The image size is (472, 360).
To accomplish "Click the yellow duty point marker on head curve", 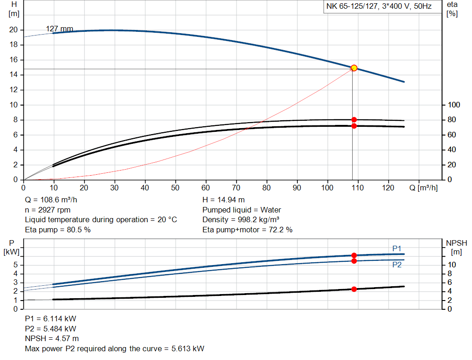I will tap(354, 68).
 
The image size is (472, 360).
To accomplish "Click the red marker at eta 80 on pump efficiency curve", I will tap(354, 120).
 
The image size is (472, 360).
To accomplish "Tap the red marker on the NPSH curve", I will tap(354, 289).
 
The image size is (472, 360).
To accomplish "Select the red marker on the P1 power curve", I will tap(354, 255).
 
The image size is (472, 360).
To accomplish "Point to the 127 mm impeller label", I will tap(59, 29).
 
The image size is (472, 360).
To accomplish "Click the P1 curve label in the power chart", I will tap(397, 248).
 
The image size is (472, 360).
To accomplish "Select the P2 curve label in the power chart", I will tap(397, 265).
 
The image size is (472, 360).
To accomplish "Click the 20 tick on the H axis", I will tap(13, 30).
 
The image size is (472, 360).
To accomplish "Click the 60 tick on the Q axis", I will tap(206, 188).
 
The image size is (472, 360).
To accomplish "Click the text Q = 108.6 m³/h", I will tap(52, 200).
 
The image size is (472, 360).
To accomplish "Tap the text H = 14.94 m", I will tap(223, 200).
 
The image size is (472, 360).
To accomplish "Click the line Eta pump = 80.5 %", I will tap(58, 230).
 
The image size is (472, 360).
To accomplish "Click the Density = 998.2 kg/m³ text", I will tap(241, 220).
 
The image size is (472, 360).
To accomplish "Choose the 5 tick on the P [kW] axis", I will tap(16, 265).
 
